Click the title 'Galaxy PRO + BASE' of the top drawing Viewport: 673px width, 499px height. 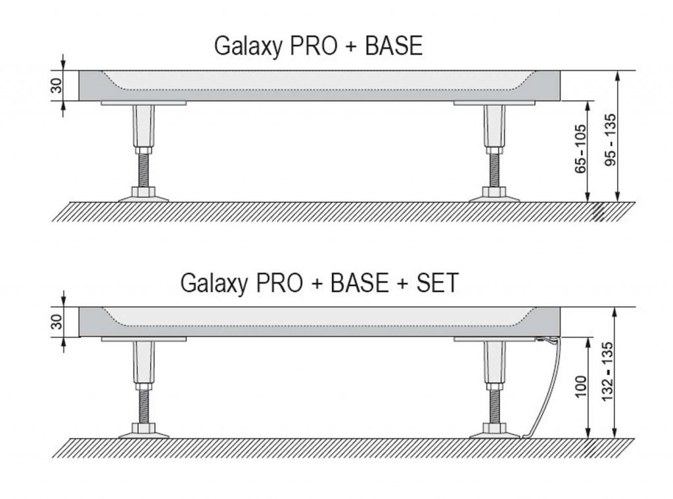[x=318, y=47]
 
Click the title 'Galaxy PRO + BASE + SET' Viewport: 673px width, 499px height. [x=319, y=283]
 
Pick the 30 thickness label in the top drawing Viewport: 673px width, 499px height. [x=56, y=85]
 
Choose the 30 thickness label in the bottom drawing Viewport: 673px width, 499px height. [x=56, y=322]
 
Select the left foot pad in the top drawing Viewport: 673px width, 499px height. [x=143, y=196]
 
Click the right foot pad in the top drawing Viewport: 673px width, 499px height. [x=494, y=196]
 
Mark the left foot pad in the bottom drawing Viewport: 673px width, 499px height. [x=143, y=432]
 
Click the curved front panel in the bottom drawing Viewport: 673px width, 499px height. [x=545, y=388]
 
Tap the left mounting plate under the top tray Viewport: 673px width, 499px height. [x=144, y=103]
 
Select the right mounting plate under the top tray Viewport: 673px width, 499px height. [x=494, y=103]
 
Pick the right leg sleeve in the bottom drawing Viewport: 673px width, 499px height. [x=494, y=364]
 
